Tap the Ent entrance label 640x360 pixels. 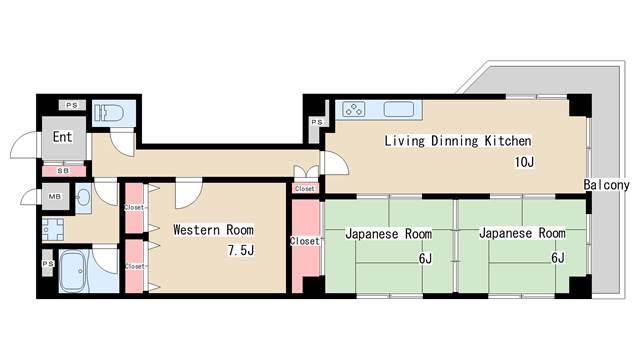point(61,137)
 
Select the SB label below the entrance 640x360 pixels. point(63,171)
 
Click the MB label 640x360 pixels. point(54,197)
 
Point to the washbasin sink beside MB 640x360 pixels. point(81,198)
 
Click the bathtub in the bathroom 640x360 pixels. point(75,270)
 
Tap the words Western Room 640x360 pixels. point(213,229)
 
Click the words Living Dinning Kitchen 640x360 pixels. point(457,141)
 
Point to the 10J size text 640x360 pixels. point(525,162)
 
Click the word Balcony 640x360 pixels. point(606,186)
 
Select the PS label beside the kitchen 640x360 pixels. point(316,122)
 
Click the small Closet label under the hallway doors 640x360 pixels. point(305,188)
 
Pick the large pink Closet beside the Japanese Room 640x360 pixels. point(304,241)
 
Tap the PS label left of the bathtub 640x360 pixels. point(47,263)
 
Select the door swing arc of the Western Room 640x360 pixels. point(189,191)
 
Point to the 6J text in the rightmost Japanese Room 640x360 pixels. point(557,257)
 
